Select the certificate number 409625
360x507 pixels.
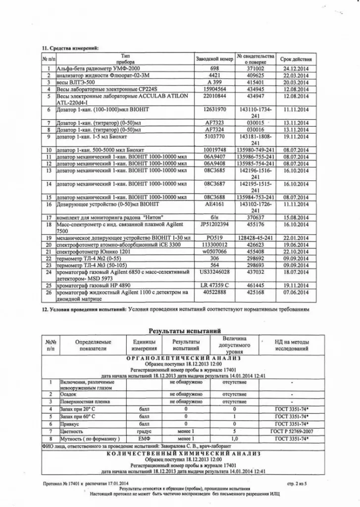[255, 75]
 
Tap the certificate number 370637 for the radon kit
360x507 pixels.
[255, 217]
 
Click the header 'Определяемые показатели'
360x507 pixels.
[93, 345]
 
